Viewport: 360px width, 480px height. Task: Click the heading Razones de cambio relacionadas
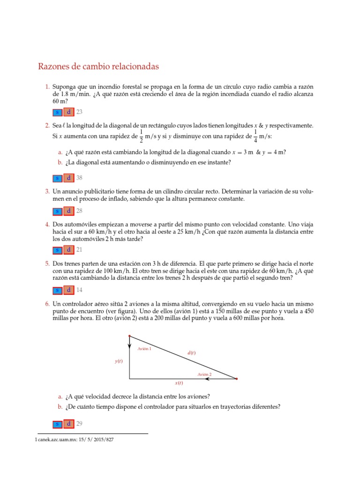(x=98, y=67)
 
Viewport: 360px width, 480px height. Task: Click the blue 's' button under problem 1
(x=57, y=112)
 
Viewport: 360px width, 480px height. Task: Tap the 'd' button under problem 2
(x=68, y=178)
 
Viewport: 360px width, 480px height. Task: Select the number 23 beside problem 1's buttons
(x=79, y=112)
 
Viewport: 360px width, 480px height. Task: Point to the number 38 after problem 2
(x=79, y=178)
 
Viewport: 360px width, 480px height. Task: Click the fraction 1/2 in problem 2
(x=141, y=136)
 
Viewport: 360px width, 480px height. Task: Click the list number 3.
(x=47, y=192)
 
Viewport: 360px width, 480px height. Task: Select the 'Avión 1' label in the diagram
(x=144, y=349)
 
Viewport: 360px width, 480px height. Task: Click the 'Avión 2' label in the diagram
(x=204, y=374)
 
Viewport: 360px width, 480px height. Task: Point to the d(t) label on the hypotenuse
(x=191, y=352)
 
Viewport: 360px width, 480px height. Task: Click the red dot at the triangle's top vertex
(x=129, y=336)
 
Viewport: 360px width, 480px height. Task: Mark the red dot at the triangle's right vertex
(x=236, y=378)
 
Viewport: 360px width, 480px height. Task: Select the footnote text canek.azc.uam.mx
(x=67, y=440)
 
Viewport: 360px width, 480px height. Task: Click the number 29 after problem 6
(x=79, y=424)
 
